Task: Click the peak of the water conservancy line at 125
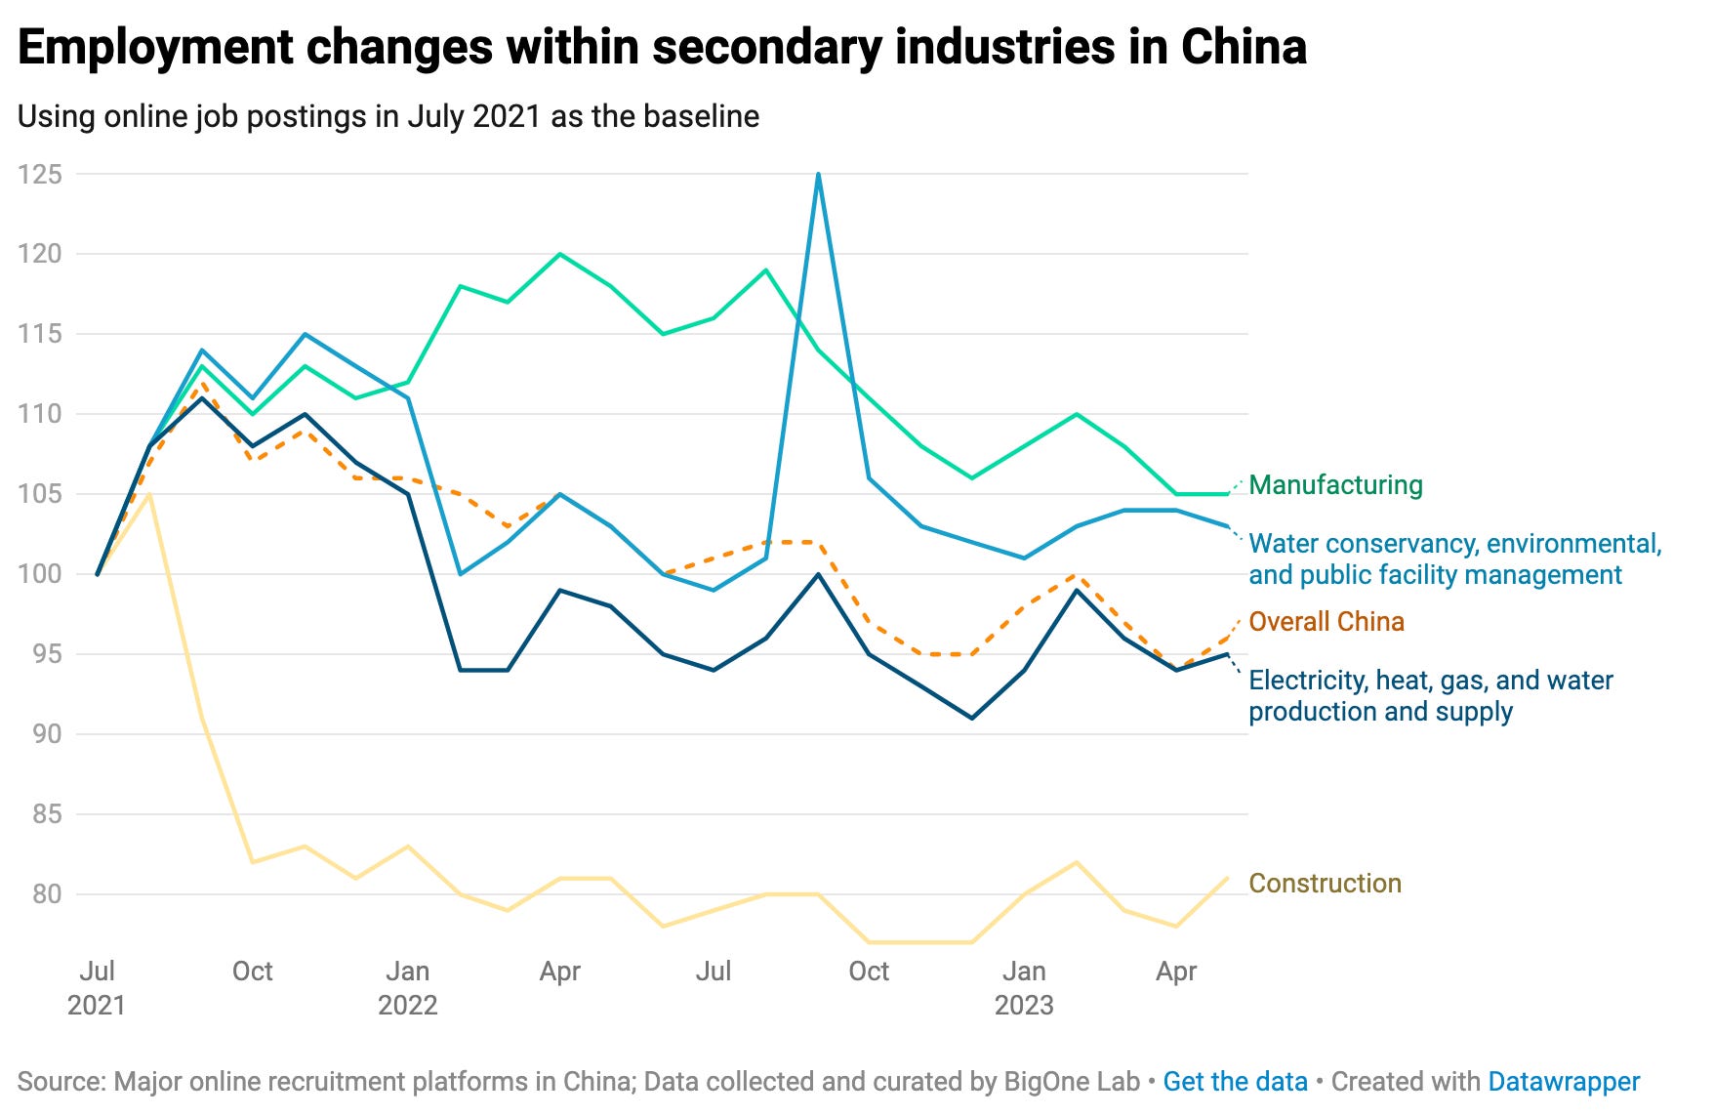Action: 818,175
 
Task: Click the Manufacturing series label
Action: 1335,485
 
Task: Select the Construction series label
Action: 1325,884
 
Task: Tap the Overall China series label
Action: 1326,622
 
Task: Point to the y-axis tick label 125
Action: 40,175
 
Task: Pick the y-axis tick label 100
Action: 40,574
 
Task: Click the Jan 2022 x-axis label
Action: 407,988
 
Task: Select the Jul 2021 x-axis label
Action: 97,988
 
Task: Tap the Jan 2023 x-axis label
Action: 1024,988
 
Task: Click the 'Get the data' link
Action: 1235,1082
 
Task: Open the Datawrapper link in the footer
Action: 1564,1082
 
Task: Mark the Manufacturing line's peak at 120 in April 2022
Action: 560,255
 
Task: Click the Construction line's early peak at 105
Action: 149,495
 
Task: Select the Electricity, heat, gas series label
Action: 1430,696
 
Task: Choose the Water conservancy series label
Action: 1454,559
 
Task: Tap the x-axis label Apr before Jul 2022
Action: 560,972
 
